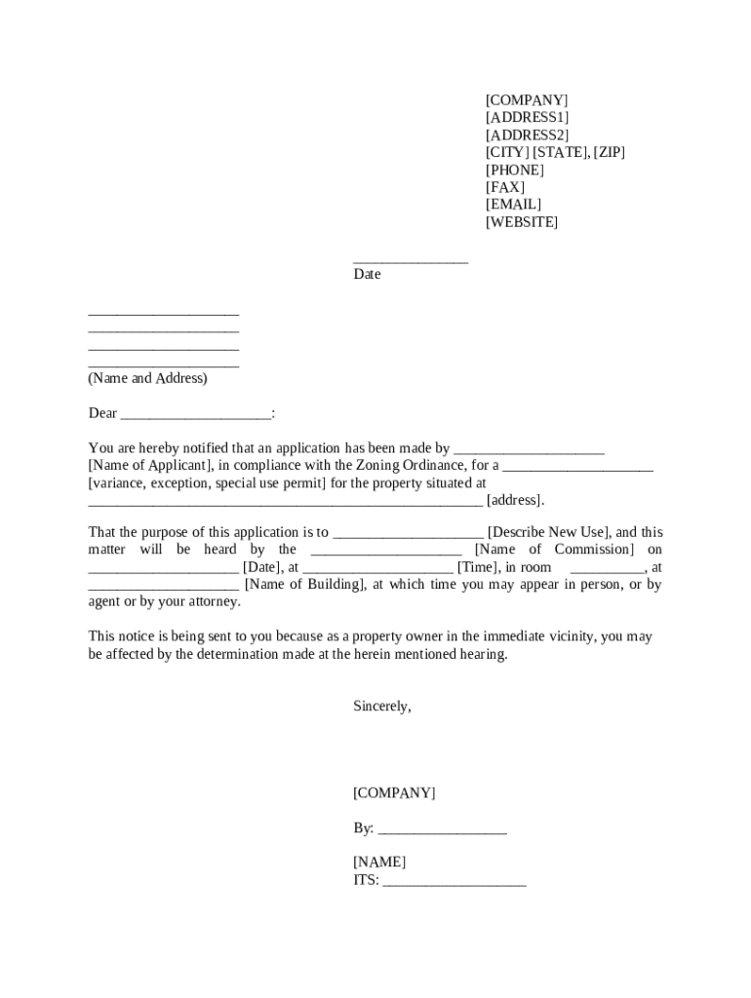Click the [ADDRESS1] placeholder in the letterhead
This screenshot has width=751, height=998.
click(x=527, y=117)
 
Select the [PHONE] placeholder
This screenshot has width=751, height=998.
click(x=514, y=170)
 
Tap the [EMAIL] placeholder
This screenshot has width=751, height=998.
click(x=513, y=205)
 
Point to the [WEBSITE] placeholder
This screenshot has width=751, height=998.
click(x=522, y=222)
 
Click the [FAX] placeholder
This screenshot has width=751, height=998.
click(x=504, y=187)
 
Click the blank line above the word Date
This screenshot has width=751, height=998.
click(x=411, y=260)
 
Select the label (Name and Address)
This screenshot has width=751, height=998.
click(x=147, y=378)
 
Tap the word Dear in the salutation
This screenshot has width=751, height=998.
click(x=102, y=413)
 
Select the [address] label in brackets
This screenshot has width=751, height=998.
click(x=514, y=501)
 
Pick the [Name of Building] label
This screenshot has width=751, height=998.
click(x=304, y=585)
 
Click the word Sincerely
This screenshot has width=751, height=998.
click(x=381, y=707)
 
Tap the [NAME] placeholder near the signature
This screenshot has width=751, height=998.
click(x=379, y=863)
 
